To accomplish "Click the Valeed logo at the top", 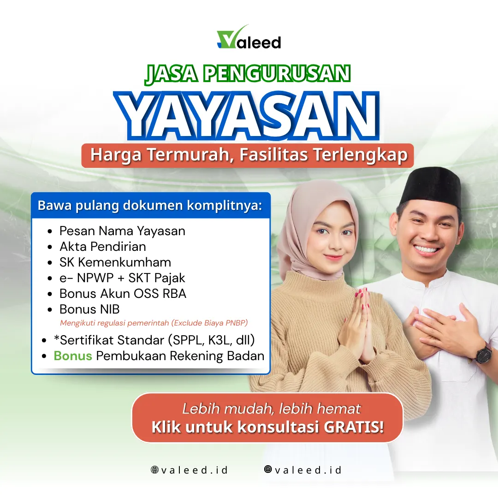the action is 249,37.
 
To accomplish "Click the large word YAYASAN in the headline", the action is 247,116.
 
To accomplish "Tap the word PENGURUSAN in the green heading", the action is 277,74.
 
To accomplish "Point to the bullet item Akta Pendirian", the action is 102,246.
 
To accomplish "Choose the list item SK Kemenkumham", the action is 115,262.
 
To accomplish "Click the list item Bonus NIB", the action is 89,309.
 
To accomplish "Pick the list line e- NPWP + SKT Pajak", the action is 122,278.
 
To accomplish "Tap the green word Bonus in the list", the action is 73,356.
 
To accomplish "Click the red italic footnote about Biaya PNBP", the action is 154,323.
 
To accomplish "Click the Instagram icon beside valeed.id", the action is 268,469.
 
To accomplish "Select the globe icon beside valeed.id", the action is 154,469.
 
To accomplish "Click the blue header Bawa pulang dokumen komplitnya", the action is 150,206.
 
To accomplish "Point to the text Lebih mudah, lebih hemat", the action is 272,409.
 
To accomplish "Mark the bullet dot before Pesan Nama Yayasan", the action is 49,231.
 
